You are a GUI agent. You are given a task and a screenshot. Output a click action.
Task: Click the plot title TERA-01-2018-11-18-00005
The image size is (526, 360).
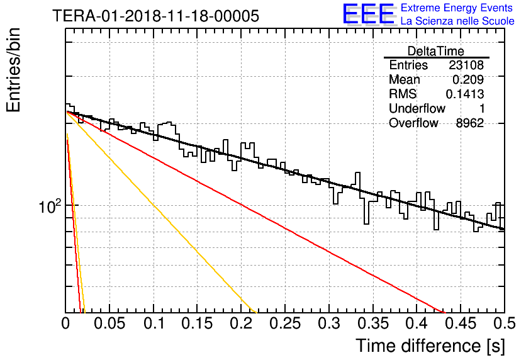(155, 16)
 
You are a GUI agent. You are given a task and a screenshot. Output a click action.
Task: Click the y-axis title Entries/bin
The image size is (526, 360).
(13, 70)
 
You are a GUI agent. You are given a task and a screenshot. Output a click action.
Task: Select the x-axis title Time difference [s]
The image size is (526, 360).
(430, 346)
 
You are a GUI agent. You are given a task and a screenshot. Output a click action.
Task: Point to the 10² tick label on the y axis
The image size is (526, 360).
(50, 206)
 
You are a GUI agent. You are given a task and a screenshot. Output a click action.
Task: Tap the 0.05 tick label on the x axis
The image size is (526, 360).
(109, 323)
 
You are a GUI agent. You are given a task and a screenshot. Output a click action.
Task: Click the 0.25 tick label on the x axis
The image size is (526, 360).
(285, 323)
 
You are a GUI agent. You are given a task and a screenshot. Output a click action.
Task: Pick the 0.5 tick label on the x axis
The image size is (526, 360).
(504, 323)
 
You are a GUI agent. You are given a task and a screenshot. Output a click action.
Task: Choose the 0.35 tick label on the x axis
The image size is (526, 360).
(373, 323)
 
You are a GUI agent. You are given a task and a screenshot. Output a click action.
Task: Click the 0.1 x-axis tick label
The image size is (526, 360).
(154, 323)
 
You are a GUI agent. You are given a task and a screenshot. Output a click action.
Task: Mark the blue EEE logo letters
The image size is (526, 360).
(368, 14)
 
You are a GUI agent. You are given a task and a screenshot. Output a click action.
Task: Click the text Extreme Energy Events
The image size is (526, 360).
(457, 8)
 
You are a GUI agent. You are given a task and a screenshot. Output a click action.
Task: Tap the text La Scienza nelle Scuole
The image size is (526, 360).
(457, 21)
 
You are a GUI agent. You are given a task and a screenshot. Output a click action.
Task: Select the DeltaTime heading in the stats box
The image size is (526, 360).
(436, 51)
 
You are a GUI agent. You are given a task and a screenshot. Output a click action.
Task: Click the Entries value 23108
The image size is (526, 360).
(466, 65)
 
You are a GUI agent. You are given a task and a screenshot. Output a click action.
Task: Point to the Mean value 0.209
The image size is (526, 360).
(468, 79)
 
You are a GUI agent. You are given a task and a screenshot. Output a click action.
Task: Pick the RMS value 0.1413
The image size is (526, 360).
(464, 94)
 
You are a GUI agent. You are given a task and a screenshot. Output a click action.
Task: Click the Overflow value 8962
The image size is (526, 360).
(469, 123)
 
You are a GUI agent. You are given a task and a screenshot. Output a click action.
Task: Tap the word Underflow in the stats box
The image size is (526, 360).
(417, 108)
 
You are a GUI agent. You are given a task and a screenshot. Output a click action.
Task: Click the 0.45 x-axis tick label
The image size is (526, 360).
(461, 323)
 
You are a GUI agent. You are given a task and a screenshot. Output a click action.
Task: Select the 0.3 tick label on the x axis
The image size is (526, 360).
(329, 323)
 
